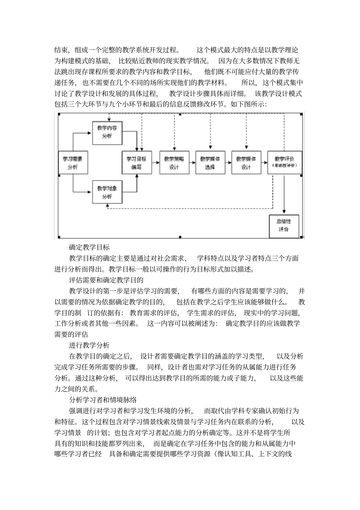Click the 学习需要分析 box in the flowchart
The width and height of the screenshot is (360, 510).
pos(72,163)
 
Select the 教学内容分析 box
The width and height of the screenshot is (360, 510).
pos(107,132)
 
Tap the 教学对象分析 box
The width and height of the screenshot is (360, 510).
pos(107,192)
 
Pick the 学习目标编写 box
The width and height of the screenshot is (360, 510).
pos(136,163)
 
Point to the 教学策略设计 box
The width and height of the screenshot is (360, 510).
pos(174,163)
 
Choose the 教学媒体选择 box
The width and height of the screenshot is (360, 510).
pos(210,163)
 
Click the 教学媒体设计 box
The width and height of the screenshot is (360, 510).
pos(246,163)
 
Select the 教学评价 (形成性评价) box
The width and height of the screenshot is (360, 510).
pos(284,163)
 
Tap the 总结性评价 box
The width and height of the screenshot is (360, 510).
pos(284,226)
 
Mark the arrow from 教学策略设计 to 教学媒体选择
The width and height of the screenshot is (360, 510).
pos(193,162)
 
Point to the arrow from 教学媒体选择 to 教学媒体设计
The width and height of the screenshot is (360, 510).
pos(228,162)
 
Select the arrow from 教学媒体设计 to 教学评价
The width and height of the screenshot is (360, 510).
pos(264,162)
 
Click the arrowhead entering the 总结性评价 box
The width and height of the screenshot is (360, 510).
pos(284,213)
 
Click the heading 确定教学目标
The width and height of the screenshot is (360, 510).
pos(89,248)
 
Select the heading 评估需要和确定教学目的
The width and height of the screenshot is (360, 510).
pos(106,280)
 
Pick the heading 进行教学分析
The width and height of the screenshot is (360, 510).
pos(89,345)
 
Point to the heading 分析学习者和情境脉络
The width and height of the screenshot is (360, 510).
pos(103,400)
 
